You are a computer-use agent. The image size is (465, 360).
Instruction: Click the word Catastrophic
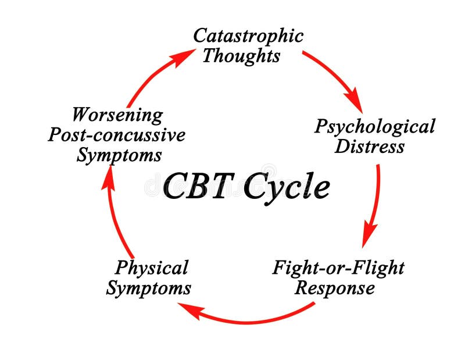pos(248,36)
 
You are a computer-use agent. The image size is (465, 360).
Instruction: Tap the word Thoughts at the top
pos(241,56)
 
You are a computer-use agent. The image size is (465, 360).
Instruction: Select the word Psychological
pos(374,126)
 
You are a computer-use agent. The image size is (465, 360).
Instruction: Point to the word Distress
pos(369,147)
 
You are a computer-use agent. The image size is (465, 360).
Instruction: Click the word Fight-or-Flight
pos(338,268)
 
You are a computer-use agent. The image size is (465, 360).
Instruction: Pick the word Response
pos(334,288)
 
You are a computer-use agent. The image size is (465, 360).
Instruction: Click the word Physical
pos(151,268)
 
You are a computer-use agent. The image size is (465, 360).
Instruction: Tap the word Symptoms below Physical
pos(148,288)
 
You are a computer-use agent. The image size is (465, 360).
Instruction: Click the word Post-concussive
pos(116,135)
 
